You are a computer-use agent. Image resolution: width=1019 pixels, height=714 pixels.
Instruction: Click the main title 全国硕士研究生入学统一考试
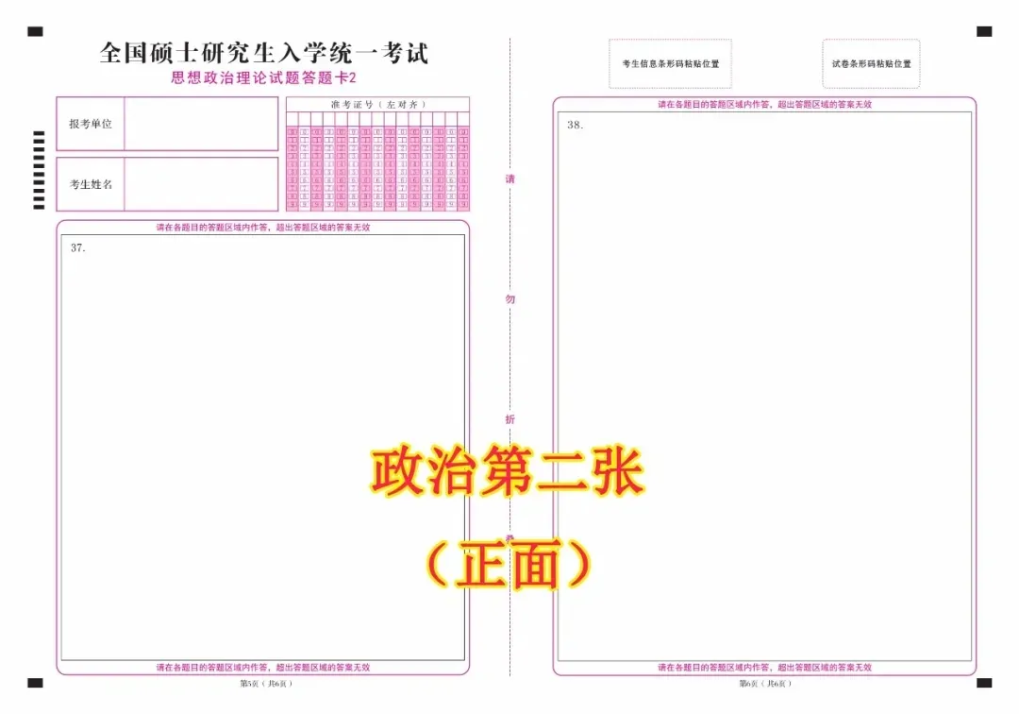263,53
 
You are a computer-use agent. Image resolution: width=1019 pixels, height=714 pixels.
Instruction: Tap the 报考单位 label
91,124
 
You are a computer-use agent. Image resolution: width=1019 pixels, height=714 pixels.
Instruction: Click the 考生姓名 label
91,184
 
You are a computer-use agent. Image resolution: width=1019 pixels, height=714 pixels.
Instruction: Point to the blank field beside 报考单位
201,124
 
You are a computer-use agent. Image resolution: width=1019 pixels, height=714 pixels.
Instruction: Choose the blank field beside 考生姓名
201,184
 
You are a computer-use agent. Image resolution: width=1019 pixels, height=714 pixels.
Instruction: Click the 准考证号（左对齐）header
377,104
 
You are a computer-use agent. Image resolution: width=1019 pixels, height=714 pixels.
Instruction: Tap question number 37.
78,247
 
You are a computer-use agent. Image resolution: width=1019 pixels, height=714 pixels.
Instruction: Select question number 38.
575,125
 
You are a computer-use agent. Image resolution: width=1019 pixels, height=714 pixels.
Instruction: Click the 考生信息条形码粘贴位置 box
670,64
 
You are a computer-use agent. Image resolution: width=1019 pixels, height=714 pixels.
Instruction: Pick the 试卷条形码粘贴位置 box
871,64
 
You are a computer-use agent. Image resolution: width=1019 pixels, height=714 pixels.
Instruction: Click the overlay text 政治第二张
507,473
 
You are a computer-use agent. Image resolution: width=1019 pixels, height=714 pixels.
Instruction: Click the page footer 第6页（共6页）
764,683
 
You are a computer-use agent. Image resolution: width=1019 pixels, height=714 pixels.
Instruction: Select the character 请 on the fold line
510,179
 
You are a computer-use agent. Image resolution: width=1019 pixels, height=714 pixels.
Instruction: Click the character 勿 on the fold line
510,299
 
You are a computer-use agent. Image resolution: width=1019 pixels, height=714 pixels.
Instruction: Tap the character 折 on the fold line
510,419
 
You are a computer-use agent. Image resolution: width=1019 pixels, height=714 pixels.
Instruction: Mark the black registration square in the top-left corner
35,31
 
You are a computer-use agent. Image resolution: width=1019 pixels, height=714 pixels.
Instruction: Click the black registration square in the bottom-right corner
984,682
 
